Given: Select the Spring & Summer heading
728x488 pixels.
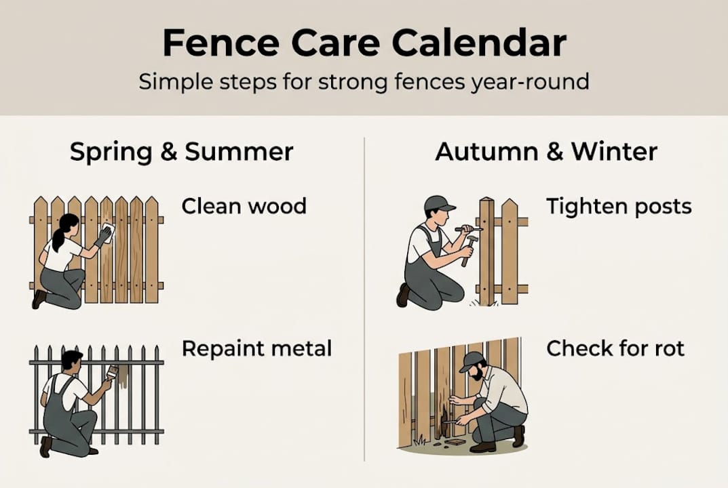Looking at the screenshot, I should (x=181, y=152).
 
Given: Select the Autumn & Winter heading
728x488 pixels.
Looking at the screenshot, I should (x=546, y=152).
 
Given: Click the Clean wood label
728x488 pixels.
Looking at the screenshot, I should (x=244, y=205).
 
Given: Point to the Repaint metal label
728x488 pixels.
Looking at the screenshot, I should (x=256, y=348).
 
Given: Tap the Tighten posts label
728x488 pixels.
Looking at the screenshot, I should (x=619, y=206).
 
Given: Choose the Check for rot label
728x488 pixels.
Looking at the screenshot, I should (x=615, y=348).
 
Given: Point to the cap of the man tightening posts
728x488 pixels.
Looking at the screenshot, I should (x=438, y=203).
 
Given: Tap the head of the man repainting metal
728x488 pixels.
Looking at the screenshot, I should (x=71, y=361).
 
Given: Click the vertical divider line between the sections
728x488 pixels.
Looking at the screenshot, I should (x=364, y=298).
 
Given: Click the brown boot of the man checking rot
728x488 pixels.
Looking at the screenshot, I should (x=482, y=447).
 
